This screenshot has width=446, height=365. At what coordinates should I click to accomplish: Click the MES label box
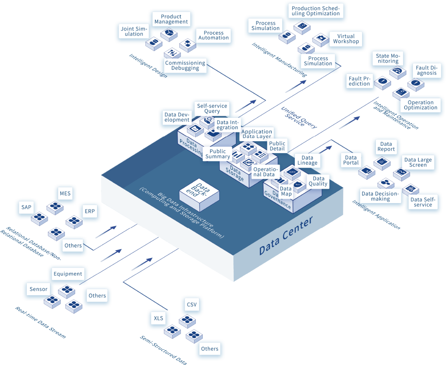coord(65,193)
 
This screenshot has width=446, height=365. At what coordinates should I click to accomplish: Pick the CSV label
coord(192,305)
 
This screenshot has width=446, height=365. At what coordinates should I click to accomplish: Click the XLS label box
coord(159,318)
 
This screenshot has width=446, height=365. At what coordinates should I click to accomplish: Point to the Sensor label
coord(38,289)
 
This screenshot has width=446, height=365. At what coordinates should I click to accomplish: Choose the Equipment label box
coord(68,274)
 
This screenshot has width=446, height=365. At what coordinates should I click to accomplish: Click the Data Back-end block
coord(199,193)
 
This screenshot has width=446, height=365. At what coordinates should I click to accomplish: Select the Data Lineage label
coord(307,160)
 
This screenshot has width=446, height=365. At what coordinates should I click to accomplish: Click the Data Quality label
coord(318,181)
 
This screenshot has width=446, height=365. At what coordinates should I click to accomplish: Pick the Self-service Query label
coord(212,109)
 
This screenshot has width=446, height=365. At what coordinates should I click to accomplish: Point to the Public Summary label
coord(218,154)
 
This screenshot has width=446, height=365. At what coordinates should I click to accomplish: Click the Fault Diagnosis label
coord(427,70)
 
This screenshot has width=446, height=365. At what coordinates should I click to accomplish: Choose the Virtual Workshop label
coord(346,39)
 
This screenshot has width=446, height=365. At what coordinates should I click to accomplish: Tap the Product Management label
coord(171,19)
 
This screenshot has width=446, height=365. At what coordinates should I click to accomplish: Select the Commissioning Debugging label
coord(185,66)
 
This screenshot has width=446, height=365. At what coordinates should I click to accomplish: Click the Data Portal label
coord(351,160)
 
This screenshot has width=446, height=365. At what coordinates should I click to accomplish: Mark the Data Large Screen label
coord(418,162)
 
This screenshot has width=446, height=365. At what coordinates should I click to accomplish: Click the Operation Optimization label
coord(420,105)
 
